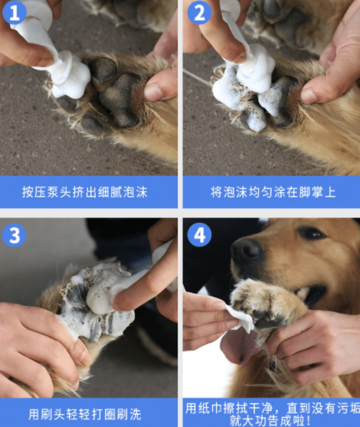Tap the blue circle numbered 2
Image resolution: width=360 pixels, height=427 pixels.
click(x=200, y=13)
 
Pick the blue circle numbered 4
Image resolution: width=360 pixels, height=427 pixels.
click(x=200, y=234)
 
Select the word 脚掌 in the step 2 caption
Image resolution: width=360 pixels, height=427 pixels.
click(x=298, y=191)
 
